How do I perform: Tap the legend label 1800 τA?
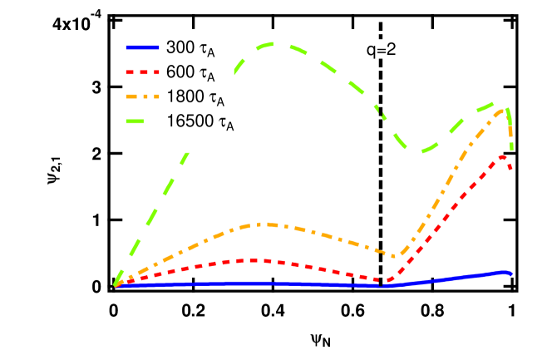(x=195, y=98)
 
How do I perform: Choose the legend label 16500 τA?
(x=200, y=123)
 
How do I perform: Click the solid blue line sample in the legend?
(x=142, y=47)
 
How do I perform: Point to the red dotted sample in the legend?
(x=142, y=72)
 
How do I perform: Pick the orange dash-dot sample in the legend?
(x=142, y=97)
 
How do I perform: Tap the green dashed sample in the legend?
(x=142, y=122)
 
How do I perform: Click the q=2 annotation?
(x=382, y=50)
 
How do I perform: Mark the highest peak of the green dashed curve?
(x=270, y=44)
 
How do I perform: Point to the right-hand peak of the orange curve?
(x=502, y=110)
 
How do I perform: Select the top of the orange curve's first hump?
(x=264, y=224)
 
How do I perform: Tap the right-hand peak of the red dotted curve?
(x=503, y=155)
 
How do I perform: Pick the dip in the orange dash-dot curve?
(x=400, y=255)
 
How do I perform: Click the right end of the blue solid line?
(x=510, y=273)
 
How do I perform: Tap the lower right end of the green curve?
(x=511, y=150)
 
